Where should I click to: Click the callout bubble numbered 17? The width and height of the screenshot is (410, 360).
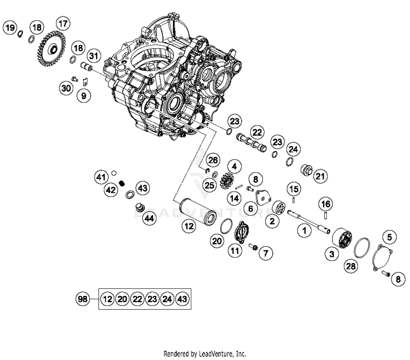point(63,24)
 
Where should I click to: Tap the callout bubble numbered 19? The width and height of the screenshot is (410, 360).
point(10,27)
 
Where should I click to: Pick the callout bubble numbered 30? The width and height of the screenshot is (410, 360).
point(66,88)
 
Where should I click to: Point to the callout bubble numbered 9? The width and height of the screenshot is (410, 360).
point(84,96)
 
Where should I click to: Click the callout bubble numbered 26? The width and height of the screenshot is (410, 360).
point(213,160)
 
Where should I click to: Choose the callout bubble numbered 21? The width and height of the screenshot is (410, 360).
point(320,176)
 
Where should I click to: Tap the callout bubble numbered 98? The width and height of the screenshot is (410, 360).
point(83,299)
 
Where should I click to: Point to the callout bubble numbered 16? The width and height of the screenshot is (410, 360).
point(326,204)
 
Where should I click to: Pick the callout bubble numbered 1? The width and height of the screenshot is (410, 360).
point(301,231)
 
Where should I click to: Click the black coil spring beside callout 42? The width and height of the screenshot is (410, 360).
point(122,183)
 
